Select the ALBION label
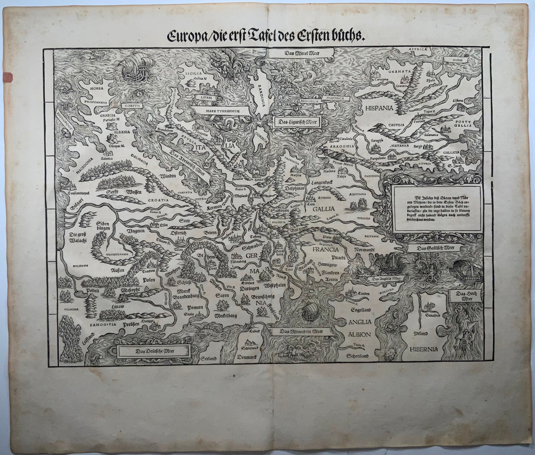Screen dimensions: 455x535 [359, 334]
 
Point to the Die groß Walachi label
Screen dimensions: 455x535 [78, 237]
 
